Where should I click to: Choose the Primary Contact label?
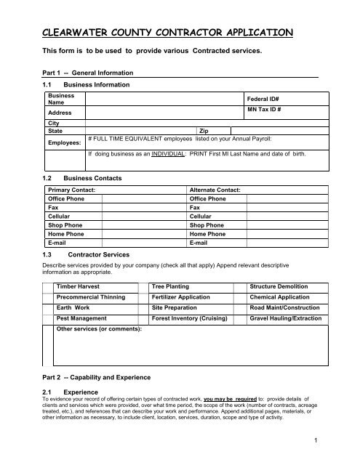(71, 190)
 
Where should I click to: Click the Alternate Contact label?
(215, 190)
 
